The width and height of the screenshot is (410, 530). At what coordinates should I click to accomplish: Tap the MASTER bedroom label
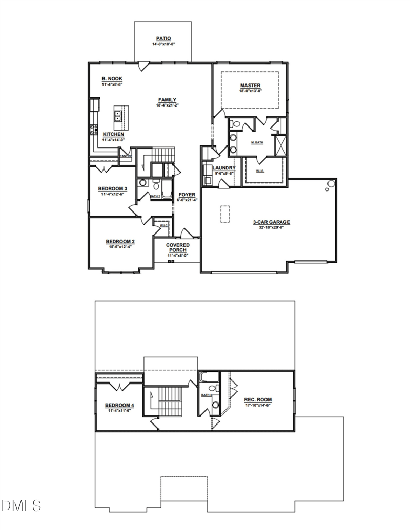coord(251,85)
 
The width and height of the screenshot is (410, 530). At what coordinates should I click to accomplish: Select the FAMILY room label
coord(167,100)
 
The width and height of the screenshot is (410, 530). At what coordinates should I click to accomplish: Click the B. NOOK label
coord(112,78)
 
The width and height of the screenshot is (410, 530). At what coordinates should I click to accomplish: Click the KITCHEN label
coord(113,134)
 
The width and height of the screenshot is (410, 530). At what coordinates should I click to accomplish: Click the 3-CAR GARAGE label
coord(272,222)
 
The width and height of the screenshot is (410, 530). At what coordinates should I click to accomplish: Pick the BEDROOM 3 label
coord(112,189)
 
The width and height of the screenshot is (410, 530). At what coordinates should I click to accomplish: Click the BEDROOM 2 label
coord(120,241)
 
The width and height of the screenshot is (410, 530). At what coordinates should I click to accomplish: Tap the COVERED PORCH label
coord(177,247)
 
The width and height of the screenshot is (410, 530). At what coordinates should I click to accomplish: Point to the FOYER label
coord(187,195)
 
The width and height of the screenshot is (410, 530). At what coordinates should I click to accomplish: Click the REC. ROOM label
coord(257,399)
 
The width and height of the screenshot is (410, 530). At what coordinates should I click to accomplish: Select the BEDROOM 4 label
coord(119,405)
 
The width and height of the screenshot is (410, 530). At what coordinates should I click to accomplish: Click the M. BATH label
coord(257,142)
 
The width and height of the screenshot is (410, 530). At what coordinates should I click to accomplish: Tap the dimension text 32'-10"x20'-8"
coord(272,227)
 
